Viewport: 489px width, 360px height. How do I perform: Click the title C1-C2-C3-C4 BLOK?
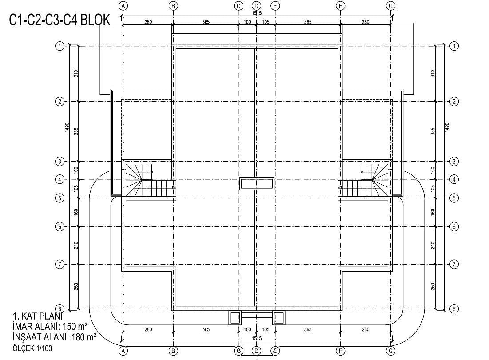point(60,20)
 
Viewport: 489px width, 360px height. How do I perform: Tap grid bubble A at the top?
point(123,6)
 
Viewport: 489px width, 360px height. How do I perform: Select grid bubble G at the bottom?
point(390,351)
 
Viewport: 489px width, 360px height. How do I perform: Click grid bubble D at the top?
point(257,6)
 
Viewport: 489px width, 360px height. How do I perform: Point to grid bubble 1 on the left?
point(60,46)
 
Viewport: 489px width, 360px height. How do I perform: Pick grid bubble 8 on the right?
point(454,309)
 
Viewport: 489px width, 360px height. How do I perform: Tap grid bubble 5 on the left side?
point(60,198)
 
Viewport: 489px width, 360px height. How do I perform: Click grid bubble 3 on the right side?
point(454,162)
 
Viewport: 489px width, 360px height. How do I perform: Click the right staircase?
point(363,180)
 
